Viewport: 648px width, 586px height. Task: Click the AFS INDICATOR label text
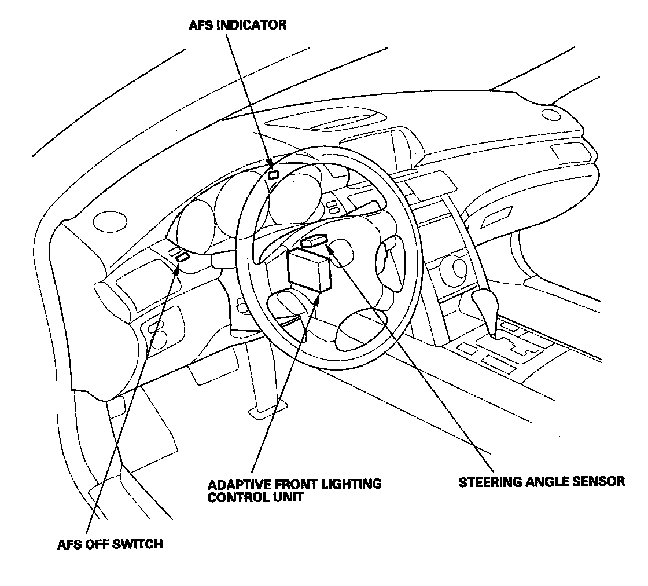(237, 25)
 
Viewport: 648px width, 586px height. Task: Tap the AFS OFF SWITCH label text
(110, 544)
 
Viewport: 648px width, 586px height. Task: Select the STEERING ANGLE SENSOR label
(542, 482)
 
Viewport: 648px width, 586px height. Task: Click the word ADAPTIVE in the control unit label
(236, 484)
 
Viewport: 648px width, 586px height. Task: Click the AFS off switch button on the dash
(183, 258)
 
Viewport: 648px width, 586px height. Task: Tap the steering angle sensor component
(314, 241)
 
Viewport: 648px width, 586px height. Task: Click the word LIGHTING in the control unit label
(354, 484)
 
